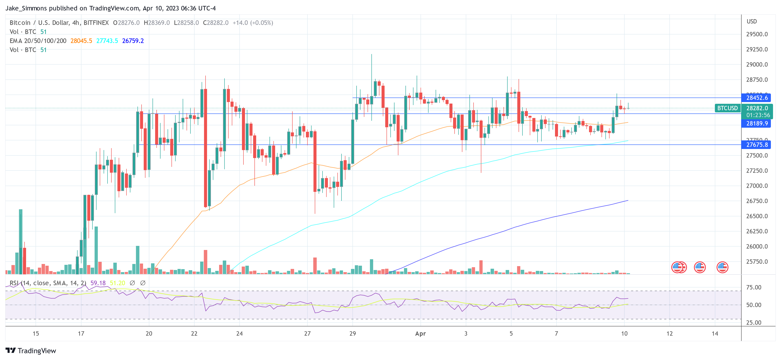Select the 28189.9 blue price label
pyautogui.click(x=756, y=123)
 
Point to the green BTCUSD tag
pyautogui.click(x=727, y=108)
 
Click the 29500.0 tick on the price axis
pyautogui.click(x=757, y=34)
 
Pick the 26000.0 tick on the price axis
pyautogui.click(x=757, y=246)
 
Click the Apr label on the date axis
pyautogui.click(x=420, y=334)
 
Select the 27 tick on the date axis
pyautogui.click(x=307, y=334)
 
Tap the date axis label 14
pyautogui.click(x=715, y=334)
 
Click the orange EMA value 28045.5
pyautogui.click(x=81, y=41)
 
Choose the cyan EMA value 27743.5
pyautogui.click(x=107, y=41)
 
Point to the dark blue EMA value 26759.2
pyautogui.click(x=133, y=41)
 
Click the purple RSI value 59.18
pyautogui.click(x=98, y=283)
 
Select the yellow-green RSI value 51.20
pyautogui.click(x=117, y=283)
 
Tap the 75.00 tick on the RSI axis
pyautogui.click(x=753, y=287)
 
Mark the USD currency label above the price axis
pyautogui.click(x=751, y=22)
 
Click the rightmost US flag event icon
pyautogui.click(x=722, y=267)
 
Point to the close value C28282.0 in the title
pyautogui.click(x=216, y=23)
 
